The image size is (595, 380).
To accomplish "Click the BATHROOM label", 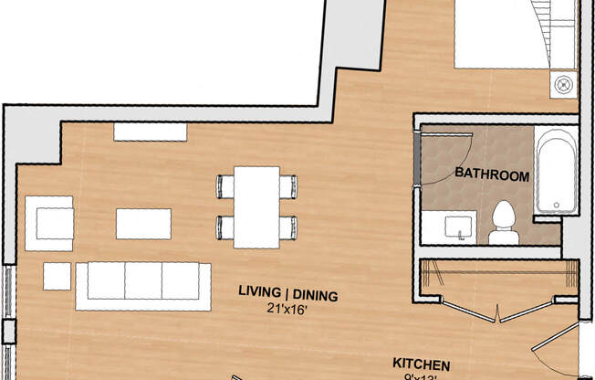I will [x=492, y=174].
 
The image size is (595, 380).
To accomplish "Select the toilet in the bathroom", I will [x=502, y=223].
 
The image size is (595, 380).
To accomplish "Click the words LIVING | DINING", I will [x=288, y=294].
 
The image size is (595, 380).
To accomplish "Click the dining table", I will [x=256, y=206].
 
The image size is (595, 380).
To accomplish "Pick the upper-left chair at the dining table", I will [x=225, y=186].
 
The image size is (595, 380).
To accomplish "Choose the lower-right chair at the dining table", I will [x=287, y=227].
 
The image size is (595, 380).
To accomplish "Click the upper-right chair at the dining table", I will [x=287, y=186].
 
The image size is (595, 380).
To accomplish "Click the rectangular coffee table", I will [x=143, y=223].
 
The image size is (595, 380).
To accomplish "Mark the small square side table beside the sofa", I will [x=57, y=276].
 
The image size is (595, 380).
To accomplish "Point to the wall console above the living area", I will [x=150, y=132].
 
